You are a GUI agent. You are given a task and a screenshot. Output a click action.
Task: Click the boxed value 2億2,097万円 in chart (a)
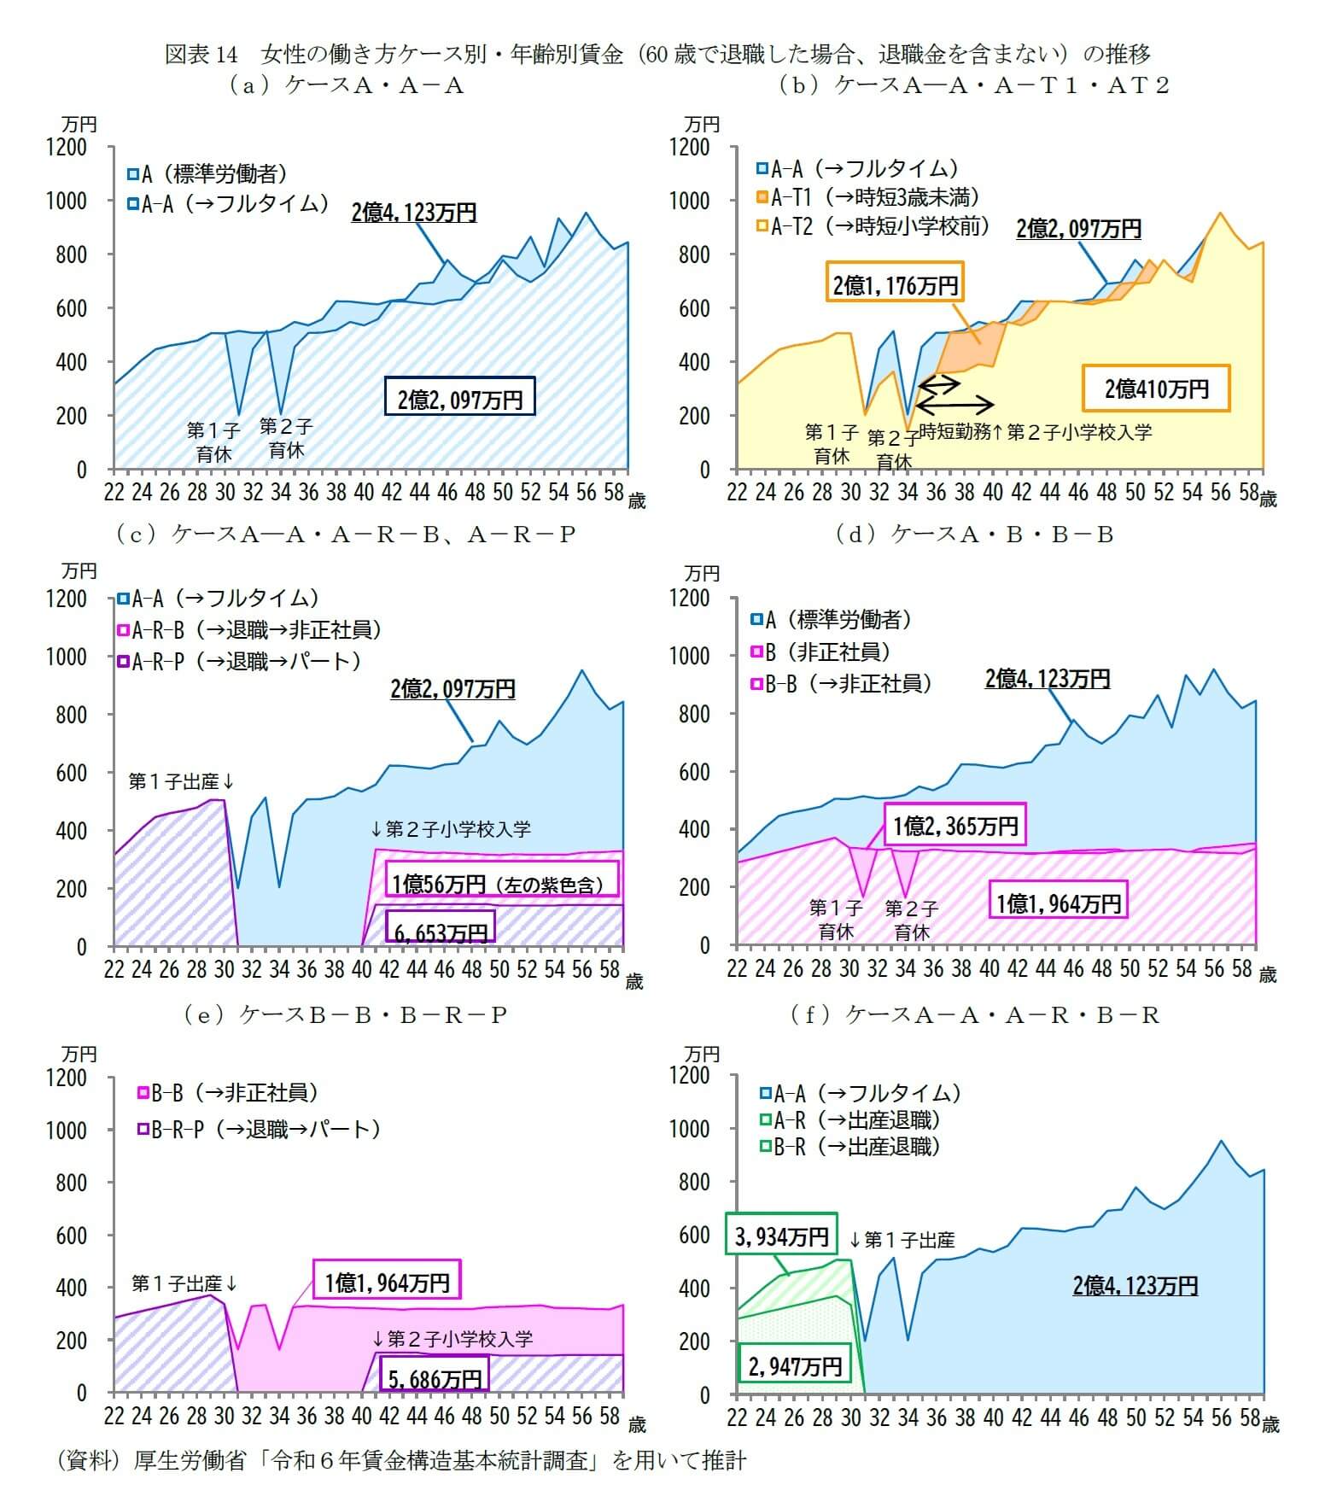(459, 398)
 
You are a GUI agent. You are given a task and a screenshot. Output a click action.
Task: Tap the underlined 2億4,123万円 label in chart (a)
(414, 212)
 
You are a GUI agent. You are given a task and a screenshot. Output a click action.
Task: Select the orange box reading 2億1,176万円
(896, 284)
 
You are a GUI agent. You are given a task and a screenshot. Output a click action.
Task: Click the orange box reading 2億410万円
(1156, 389)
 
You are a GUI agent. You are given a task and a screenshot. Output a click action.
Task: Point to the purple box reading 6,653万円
(440, 932)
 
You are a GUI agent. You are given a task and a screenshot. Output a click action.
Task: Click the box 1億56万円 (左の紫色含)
(498, 883)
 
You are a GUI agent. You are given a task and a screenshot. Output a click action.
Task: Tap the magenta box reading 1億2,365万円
(954, 826)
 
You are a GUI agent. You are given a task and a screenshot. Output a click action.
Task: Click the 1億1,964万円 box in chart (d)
(1058, 903)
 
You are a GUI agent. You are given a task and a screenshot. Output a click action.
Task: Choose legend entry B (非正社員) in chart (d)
(820, 652)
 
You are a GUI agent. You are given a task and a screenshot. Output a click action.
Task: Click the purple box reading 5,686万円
(435, 1377)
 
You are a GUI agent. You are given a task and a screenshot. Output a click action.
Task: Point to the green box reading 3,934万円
(781, 1236)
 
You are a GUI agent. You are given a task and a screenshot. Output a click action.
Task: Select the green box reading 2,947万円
(794, 1366)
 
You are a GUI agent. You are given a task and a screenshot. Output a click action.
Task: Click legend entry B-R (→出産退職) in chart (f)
(850, 1146)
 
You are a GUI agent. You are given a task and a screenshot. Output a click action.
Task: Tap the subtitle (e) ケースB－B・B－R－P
(346, 1014)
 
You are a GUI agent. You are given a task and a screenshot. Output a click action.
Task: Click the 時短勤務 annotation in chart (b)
(954, 432)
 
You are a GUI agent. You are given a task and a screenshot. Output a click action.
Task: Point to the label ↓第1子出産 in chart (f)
(902, 1239)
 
